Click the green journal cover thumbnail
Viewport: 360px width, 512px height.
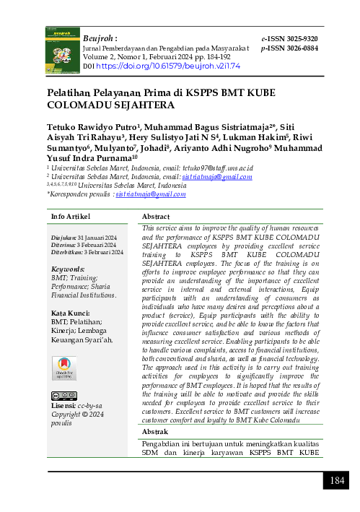[x=61, y=49]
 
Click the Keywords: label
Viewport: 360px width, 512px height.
[x=69, y=268]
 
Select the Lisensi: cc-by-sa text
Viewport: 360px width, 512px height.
[x=75, y=407]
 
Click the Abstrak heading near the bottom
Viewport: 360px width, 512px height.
[x=155, y=431]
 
